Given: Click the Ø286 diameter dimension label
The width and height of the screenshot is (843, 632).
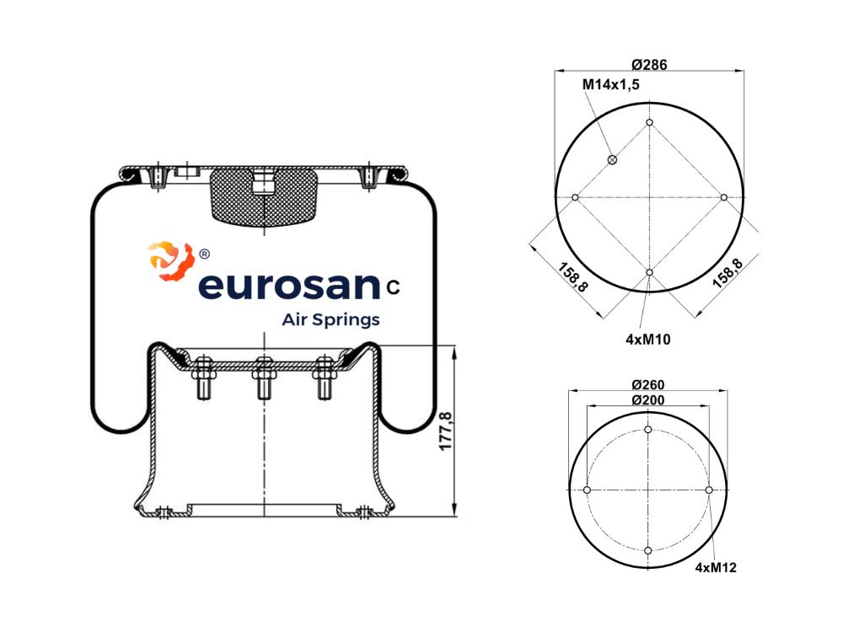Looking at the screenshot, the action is (x=649, y=65).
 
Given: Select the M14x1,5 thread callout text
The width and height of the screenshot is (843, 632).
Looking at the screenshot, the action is (x=610, y=85).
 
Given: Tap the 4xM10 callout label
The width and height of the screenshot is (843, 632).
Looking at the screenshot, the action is (x=647, y=339).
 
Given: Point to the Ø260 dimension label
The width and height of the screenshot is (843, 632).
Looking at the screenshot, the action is (x=647, y=385).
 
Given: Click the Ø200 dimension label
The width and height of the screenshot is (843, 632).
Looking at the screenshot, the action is (x=647, y=399).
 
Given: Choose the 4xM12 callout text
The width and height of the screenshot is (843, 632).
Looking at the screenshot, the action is (x=716, y=567).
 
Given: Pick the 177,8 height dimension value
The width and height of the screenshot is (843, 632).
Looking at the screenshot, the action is (x=446, y=431).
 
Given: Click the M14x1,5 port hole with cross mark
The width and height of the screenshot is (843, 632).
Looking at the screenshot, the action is (x=612, y=159).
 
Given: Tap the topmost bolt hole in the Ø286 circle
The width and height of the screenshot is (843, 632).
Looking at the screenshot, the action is (x=649, y=122).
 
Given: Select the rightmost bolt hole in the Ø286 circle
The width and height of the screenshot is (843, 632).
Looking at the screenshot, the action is (x=723, y=198).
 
